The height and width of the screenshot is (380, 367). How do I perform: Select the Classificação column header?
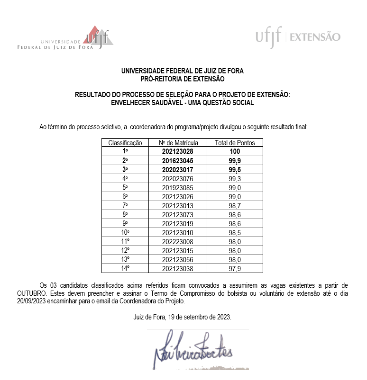[x=125, y=142]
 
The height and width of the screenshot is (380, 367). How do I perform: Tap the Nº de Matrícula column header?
[x=178, y=142]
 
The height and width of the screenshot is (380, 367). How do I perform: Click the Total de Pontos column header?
[x=235, y=142]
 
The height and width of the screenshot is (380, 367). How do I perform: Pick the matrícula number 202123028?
[x=178, y=151]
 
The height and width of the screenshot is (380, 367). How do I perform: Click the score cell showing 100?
[x=235, y=151]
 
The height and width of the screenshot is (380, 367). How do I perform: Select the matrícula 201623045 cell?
[x=178, y=160]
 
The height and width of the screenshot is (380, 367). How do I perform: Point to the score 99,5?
[x=235, y=169]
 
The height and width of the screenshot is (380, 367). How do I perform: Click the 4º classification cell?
[x=125, y=178]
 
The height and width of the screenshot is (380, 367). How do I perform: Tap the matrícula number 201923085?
[x=178, y=187]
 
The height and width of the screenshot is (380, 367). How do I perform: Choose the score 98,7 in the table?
[x=235, y=205]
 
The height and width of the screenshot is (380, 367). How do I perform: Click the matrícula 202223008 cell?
[x=178, y=241]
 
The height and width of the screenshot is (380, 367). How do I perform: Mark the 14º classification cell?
[x=125, y=268]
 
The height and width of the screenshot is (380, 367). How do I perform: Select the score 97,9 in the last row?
[x=235, y=268]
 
